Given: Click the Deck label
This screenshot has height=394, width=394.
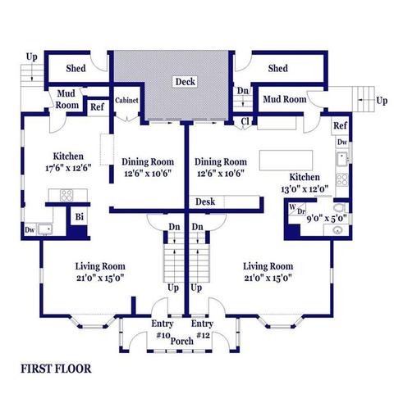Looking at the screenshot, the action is click(x=186, y=82).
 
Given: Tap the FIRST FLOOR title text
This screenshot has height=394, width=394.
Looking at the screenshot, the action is click(x=56, y=369).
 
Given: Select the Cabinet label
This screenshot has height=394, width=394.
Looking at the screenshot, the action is click(x=126, y=100).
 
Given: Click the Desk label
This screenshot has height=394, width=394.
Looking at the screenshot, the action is click(x=205, y=202).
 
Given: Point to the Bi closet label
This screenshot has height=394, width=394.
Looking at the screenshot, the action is click(x=80, y=217).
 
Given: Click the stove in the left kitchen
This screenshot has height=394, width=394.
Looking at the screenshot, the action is click(x=66, y=196).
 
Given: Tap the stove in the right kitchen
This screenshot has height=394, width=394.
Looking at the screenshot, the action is click(x=341, y=180).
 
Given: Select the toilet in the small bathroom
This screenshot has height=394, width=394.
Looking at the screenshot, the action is click(x=339, y=208).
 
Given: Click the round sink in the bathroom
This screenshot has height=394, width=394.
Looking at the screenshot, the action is click(x=337, y=230).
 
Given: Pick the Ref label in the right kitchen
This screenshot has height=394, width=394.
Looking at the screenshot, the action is click(x=340, y=125).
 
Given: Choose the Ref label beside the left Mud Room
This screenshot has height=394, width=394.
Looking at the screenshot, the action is click(x=97, y=106).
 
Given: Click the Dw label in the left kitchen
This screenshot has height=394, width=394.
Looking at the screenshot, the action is click(x=30, y=230).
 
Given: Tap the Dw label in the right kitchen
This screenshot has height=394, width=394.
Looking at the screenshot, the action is click(x=342, y=142).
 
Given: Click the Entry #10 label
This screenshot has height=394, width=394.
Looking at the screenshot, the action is click(x=163, y=329).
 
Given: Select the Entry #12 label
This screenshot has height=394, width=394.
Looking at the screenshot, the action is click(x=202, y=329).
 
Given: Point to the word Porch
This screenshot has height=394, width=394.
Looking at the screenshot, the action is click(x=182, y=341).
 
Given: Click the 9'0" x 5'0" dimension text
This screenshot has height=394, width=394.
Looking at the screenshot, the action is click(x=327, y=219).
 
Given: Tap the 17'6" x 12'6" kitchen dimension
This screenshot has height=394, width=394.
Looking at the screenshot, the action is click(x=68, y=168).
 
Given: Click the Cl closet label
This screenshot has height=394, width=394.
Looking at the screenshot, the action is click(x=245, y=121).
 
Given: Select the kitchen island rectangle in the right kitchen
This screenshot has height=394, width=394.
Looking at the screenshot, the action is click(x=286, y=160).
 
